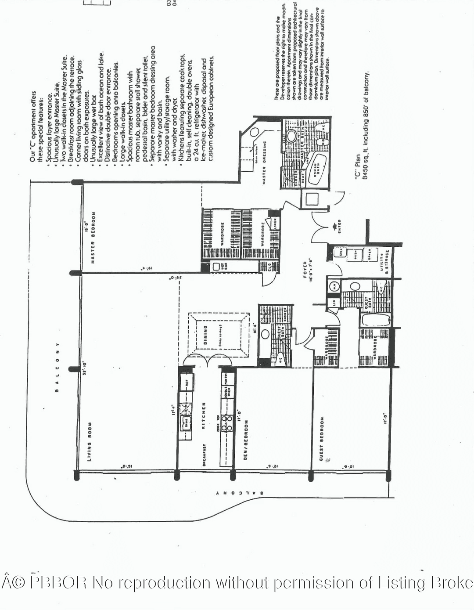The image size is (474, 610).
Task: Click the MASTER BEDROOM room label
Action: click(93, 238)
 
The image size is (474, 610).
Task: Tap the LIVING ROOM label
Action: click(90, 442)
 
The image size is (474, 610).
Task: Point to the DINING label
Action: click(205, 335)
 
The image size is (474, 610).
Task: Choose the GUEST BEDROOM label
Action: click(322, 439)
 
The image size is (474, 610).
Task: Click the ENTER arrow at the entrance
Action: click(338, 227)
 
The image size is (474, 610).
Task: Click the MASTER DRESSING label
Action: click(264, 162)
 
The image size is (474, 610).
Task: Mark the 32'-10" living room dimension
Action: click(85, 368)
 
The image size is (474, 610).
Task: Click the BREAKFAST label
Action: click(205, 455)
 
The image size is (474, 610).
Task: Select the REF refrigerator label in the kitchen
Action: click(187, 383)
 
